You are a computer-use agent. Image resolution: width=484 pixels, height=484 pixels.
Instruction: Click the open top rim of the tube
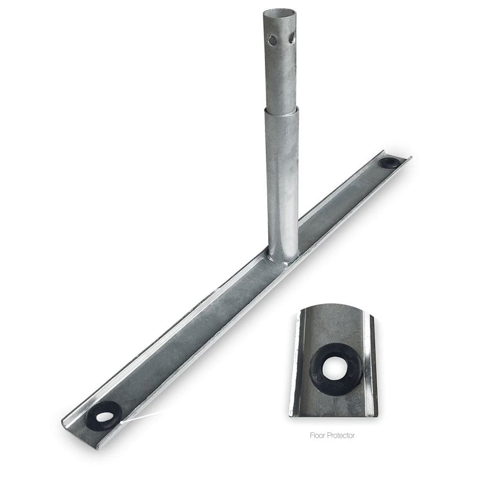(280, 12)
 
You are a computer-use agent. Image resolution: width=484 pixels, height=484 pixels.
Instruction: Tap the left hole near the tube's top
(273, 40)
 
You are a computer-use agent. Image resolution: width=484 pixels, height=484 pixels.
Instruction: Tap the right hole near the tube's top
(291, 38)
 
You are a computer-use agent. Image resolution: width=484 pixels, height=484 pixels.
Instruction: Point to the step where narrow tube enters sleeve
(281, 110)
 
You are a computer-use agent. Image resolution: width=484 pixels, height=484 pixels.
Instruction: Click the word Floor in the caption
(317, 436)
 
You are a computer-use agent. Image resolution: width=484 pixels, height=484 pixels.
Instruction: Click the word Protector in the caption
(341, 436)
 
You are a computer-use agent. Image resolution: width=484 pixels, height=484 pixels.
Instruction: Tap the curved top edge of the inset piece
(333, 306)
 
